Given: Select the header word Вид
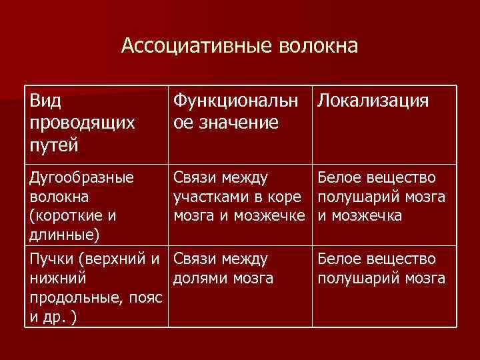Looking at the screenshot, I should tap(46, 101).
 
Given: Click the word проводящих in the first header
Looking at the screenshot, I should tap(83, 123).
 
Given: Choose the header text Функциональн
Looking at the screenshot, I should tap(237, 101).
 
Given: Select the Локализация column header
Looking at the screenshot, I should tap(373, 101).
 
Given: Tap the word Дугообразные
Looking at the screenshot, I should tap(82, 178).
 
